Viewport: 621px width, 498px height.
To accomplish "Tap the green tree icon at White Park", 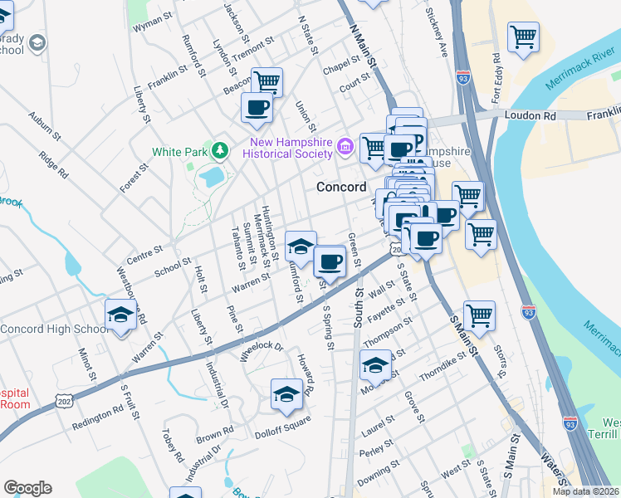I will click(219, 150).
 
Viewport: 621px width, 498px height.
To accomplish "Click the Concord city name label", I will click(341, 187).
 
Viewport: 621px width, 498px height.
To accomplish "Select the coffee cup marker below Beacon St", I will click(257, 107).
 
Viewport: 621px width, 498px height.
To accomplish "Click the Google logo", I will click(27, 488).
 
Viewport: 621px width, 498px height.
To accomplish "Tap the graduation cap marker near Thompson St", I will click(375, 365).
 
